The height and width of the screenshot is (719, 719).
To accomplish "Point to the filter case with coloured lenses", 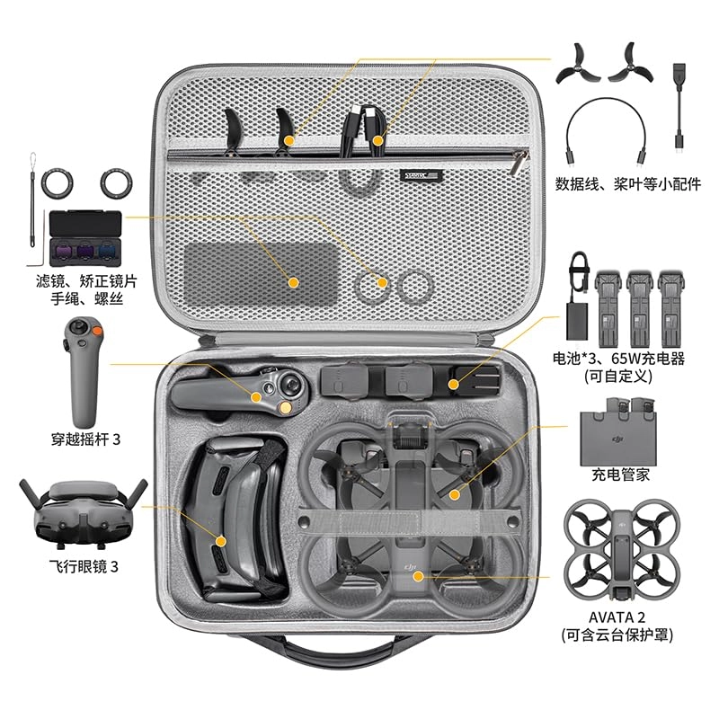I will coord(87,236).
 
